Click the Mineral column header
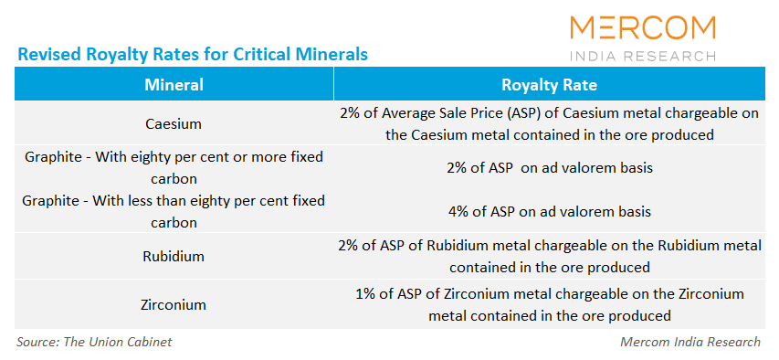pos(174,85)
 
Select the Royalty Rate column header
pos(549,85)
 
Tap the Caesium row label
pos(174,123)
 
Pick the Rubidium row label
pos(174,257)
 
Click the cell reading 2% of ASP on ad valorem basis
pos(549,167)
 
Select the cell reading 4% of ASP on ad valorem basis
pos(549,211)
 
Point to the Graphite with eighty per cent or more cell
pos(174,167)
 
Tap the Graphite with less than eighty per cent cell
pos(174,210)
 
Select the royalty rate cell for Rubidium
pos(549,257)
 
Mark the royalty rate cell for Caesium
pos(549,123)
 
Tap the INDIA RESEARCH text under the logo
pos(643,56)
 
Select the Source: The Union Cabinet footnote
pos(94,342)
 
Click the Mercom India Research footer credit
pos(689,342)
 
